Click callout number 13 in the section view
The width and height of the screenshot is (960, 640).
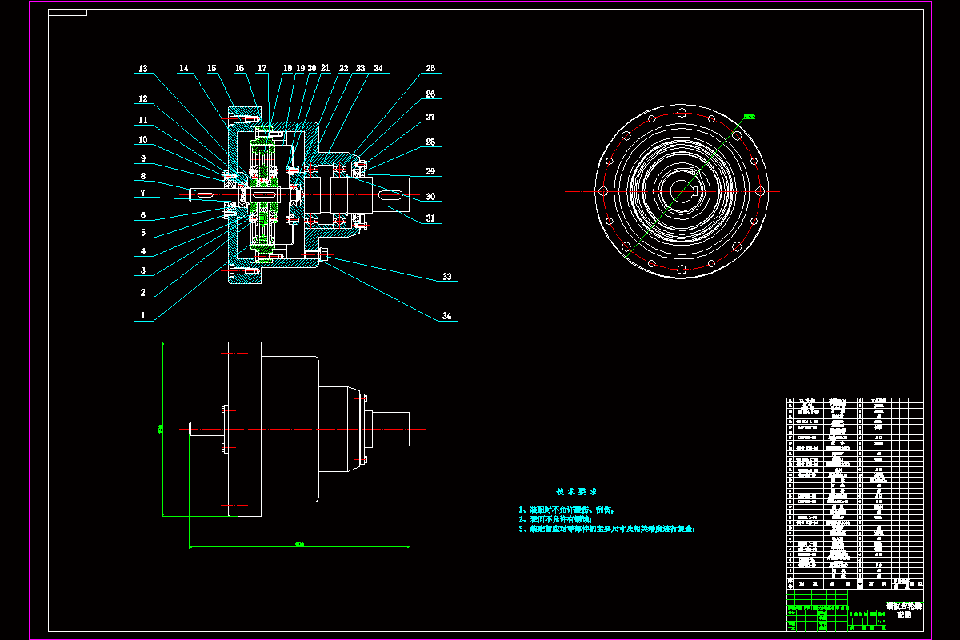(143, 70)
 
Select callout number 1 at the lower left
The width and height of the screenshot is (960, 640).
(142, 316)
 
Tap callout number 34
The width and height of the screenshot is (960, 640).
(446, 317)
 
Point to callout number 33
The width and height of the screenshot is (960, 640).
(446, 278)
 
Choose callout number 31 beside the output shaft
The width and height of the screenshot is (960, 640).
(430, 218)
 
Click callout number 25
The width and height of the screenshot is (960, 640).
(430, 69)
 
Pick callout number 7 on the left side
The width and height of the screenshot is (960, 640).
(142, 193)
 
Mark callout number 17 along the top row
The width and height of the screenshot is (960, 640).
(262, 69)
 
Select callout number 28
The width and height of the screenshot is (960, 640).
(430, 142)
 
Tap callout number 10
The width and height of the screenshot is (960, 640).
(142, 139)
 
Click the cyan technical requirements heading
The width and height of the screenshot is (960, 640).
(577, 491)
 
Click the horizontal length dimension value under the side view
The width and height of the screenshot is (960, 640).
(299, 545)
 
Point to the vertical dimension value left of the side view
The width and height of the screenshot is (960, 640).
(160, 429)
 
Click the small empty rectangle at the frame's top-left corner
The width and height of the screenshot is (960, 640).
(68, 13)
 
